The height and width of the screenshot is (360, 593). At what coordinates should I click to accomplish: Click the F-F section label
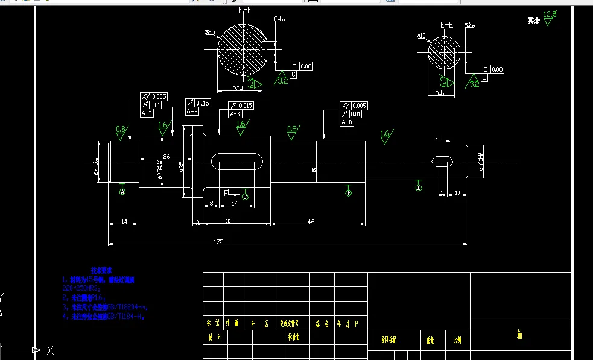click(246, 10)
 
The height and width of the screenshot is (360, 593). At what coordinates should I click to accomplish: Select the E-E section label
click(447, 25)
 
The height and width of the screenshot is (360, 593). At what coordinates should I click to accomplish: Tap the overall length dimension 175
click(218, 241)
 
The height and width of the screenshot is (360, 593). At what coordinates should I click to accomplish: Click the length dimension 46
click(311, 222)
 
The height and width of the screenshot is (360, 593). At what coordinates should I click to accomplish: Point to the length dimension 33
click(229, 222)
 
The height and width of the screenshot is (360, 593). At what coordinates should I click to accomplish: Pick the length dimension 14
click(124, 222)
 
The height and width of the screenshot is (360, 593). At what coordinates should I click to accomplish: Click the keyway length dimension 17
click(234, 204)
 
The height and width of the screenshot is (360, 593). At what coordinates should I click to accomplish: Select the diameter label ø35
click(181, 166)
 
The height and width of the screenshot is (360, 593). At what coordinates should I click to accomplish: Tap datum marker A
click(122, 192)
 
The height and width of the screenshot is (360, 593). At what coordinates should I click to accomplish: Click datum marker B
click(348, 193)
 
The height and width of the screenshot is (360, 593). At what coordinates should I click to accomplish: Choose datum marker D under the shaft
click(418, 188)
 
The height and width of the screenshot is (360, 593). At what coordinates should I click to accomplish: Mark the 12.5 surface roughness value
click(550, 13)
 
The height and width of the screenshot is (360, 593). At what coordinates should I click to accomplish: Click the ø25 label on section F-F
click(210, 32)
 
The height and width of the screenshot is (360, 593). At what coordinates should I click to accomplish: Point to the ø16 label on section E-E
click(421, 36)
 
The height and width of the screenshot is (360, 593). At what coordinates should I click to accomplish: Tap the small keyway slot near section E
click(443, 161)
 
